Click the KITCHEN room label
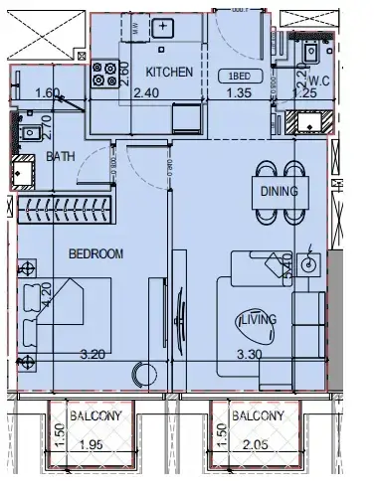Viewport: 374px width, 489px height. tap(169, 73)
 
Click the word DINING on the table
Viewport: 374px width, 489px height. tap(280, 192)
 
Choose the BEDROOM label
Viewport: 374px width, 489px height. tap(95, 254)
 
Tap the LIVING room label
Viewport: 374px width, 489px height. tap(258, 319)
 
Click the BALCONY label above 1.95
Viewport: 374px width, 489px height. tap(96, 416)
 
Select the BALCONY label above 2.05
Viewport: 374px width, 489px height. tap(256, 416)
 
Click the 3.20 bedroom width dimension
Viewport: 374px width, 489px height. tap(93, 352)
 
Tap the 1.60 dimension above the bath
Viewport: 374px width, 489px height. tap(47, 94)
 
